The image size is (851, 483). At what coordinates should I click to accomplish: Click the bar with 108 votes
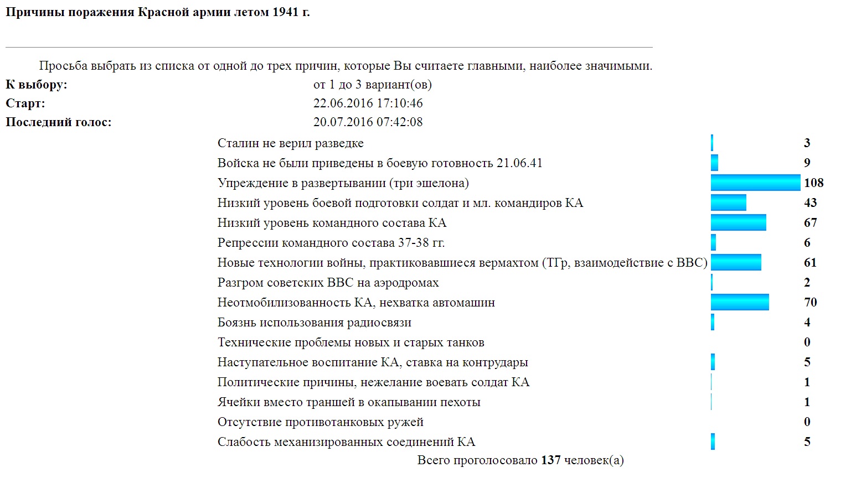click(x=755, y=183)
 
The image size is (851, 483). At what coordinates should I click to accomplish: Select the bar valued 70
click(x=740, y=302)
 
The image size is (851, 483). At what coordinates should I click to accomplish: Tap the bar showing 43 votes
click(x=728, y=202)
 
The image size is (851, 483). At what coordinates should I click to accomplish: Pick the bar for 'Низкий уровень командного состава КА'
click(x=738, y=222)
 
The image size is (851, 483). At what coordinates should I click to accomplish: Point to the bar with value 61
click(x=736, y=262)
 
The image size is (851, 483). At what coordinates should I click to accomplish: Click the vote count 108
click(x=813, y=183)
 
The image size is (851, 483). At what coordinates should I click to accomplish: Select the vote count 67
click(x=810, y=222)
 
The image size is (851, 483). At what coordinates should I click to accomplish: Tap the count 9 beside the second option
click(x=807, y=163)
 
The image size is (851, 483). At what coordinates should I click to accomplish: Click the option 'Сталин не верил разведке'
click(x=290, y=143)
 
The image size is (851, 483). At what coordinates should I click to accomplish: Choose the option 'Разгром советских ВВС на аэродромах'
click(x=328, y=282)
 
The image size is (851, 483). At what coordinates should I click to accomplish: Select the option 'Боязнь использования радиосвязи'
click(x=314, y=322)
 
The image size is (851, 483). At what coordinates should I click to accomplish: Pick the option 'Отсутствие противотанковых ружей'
click(x=320, y=422)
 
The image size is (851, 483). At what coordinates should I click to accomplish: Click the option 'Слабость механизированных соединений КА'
click(x=346, y=442)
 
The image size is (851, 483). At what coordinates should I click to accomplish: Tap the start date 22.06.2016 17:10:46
click(x=368, y=103)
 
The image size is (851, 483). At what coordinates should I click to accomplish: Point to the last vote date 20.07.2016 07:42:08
click(x=368, y=122)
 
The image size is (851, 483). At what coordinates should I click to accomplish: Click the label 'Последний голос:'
click(x=58, y=122)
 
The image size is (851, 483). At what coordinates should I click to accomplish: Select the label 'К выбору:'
click(x=36, y=84)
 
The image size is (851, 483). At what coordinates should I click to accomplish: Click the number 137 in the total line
click(x=550, y=460)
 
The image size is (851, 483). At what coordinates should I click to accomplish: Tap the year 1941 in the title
click(x=285, y=12)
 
